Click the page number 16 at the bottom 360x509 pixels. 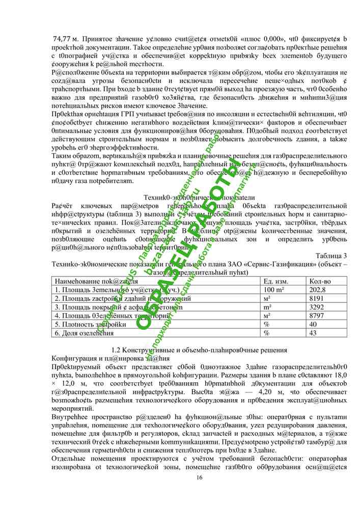pos(199,477)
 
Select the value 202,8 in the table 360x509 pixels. pos(318,289)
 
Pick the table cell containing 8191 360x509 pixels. pos(317,298)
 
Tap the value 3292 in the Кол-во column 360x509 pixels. pos(317,307)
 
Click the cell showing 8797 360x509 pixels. pos(317,316)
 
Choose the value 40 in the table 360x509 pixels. pos(314,324)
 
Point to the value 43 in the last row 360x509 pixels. pos(314,333)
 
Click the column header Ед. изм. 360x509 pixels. pos(276,280)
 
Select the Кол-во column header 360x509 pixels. pos(320,280)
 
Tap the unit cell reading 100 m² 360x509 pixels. pos(273,289)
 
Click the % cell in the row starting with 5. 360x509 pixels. pos(266,324)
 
